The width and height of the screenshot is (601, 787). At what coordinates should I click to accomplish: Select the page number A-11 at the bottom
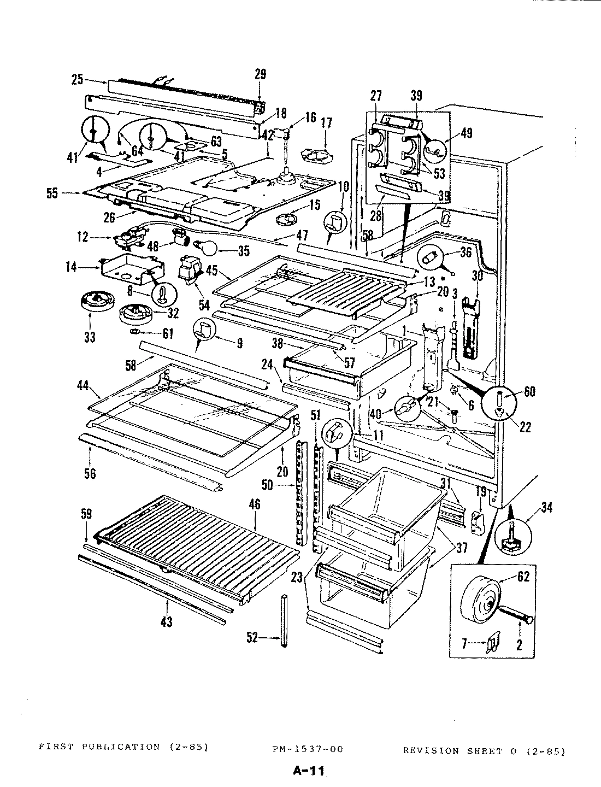tap(309, 771)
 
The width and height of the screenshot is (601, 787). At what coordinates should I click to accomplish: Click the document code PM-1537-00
tap(308, 749)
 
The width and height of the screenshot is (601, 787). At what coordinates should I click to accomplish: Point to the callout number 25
tap(78, 80)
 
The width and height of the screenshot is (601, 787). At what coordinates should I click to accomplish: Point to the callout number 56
tap(90, 473)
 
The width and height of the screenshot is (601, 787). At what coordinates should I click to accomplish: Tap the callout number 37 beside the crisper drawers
tap(462, 547)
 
